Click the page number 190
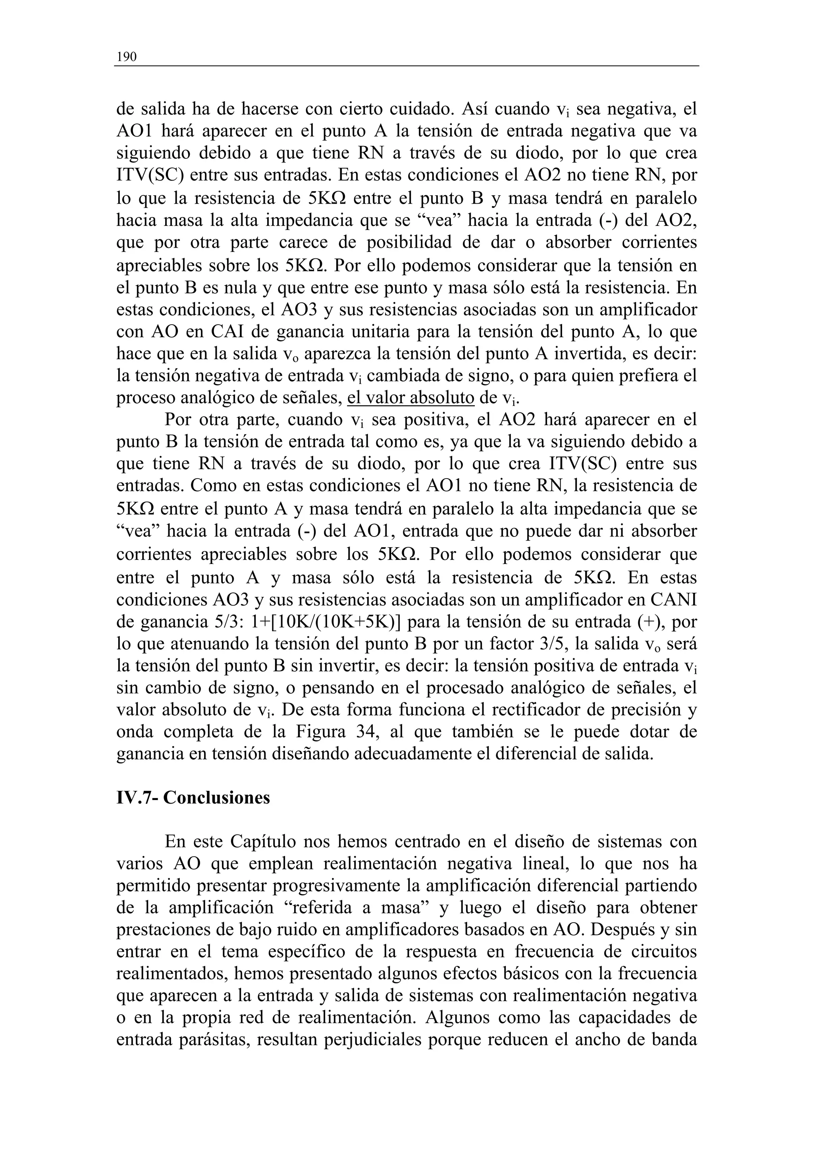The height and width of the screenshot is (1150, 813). click(126, 57)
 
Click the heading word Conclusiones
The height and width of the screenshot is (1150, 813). click(216, 797)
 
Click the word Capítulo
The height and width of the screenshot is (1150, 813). click(262, 841)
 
